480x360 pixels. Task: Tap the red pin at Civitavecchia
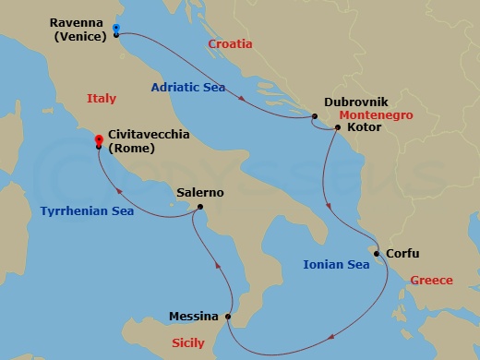[x=99, y=141]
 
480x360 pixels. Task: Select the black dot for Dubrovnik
[x=315, y=116]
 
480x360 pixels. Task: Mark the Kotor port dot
[x=338, y=127]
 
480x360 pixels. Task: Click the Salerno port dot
[x=200, y=207]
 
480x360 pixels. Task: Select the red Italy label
[x=102, y=98]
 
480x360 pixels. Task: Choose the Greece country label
[x=431, y=280]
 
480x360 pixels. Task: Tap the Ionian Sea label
[x=336, y=265]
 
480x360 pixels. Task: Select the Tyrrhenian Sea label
[x=87, y=211]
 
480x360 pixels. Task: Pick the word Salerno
[x=200, y=193]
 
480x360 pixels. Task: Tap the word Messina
[x=194, y=317]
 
